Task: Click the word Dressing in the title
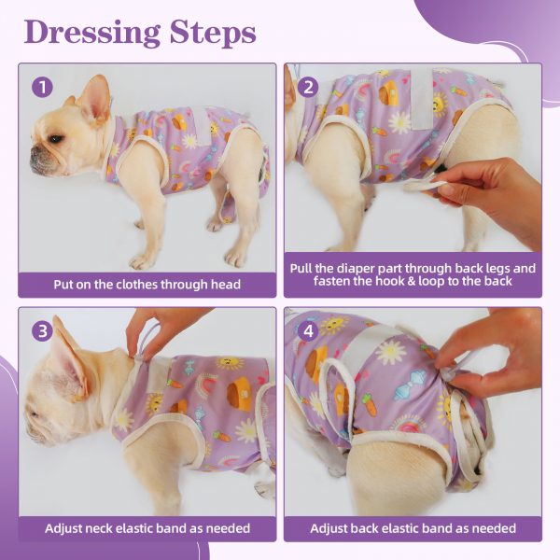pos(92,33)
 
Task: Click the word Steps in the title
pos(213,33)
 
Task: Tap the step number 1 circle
pos(42,87)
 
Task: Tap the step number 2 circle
pos(308,87)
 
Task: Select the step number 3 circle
pos(42,331)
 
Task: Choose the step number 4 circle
pos(308,331)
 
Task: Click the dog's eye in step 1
pos(56,138)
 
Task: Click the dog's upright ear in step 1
pos(94,99)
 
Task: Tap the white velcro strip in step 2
pos(423,99)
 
